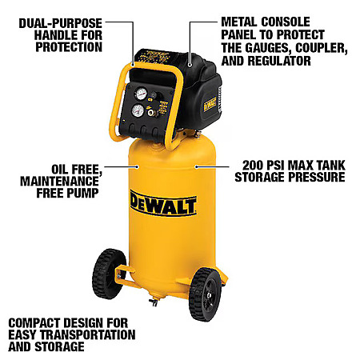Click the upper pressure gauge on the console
click(x=141, y=94)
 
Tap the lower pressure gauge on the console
click(x=138, y=110)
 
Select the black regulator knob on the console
click(x=158, y=96)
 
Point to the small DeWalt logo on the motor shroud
click(x=210, y=104)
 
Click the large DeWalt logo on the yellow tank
click(x=163, y=202)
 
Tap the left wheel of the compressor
click(x=109, y=274)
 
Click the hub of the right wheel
click(x=209, y=295)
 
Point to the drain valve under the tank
click(x=154, y=302)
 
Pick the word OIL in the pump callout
click(x=60, y=170)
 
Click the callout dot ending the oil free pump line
click(x=137, y=167)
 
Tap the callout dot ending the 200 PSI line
click(x=196, y=166)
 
